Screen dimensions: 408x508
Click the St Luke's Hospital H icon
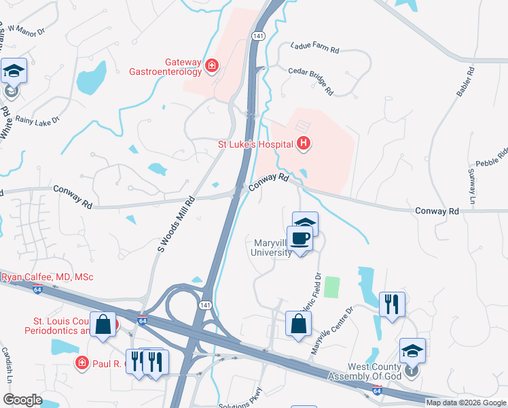tap(304, 143)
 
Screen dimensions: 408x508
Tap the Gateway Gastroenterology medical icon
tap(212, 65)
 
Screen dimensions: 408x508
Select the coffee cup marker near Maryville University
tap(300, 238)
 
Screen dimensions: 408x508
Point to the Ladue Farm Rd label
tap(314, 48)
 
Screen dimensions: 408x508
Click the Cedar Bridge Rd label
tap(311, 80)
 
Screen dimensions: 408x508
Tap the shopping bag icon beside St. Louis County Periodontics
tap(103, 325)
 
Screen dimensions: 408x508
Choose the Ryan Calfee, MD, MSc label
tap(48, 277)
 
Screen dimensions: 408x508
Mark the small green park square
tap(331, 286)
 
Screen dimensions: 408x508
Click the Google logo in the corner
tap(22, 400)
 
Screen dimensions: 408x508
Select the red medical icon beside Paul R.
tap(83, 364)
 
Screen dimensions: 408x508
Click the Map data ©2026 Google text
tap(466, 403)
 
